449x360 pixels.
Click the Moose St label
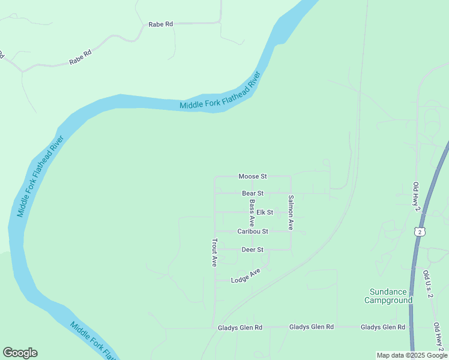coord(252,176)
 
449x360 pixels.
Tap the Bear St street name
coord(253,193)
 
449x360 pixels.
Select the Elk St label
coord(265,212)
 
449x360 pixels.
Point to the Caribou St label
coord(252,231)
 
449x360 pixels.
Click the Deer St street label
coord(252,250)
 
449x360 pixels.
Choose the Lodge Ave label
coord(246,276)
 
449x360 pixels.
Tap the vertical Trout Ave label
coord(214,253)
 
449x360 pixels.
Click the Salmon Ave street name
coord(291,213)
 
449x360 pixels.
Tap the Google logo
coord(20,353)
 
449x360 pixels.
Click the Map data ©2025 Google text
coord(412,355)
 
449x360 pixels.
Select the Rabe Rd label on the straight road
coord(161,24)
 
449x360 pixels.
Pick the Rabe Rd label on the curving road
coord(80,58)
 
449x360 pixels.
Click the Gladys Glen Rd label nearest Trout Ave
coord(240,328)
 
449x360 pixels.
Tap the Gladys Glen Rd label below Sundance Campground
coord(383,327)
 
